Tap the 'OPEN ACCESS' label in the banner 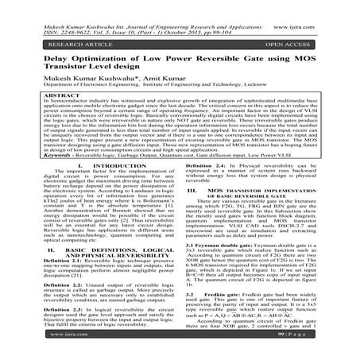309,36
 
